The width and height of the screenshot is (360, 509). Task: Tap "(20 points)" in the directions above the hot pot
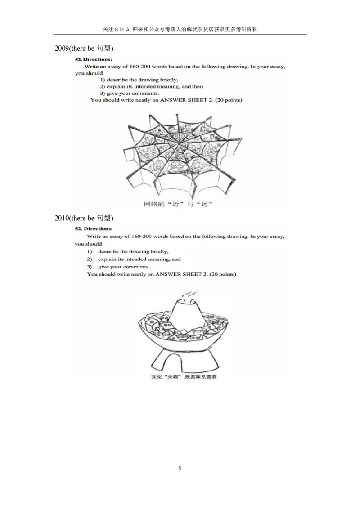(x=224, y=274)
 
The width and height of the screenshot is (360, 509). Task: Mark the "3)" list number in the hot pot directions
(x=90, y=267)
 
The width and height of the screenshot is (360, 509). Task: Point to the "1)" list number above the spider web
(x=103, y=80)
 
